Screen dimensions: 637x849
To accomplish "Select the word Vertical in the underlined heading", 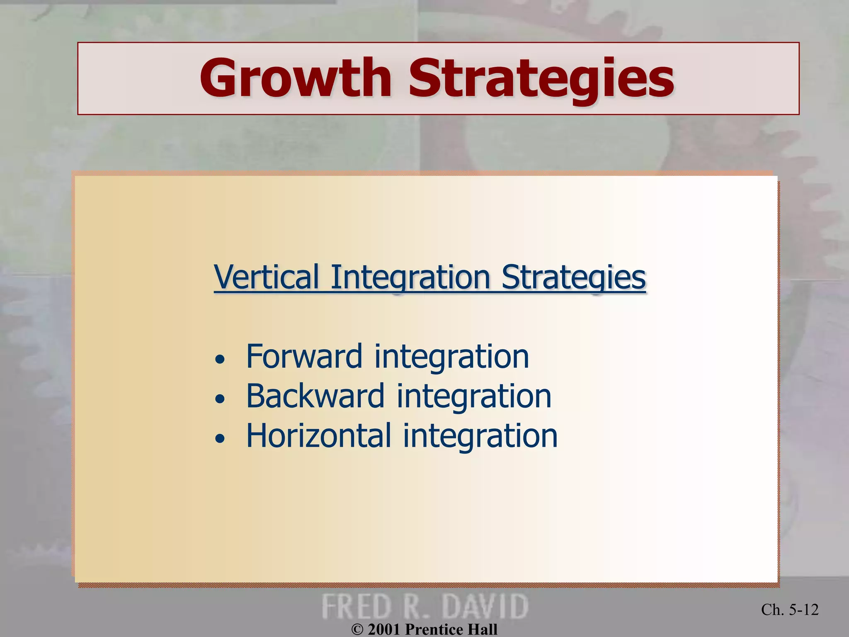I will pyautogui.click(x=267, y=277).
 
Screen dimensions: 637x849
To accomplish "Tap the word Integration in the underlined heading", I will pyautogui.click(x=410, y=277).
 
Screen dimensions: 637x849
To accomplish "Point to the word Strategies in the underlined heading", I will pyautogui.click(x=574, y=277).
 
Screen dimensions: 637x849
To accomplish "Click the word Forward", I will pyautogui.click(x=304, y=357).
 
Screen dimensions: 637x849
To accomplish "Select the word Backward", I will pyautogui.click(x=315, y=396).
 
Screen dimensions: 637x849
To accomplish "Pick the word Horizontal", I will pyautogui.click(x=319, y=435).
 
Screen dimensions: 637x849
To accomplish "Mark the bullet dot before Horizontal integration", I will pyautogui.click(x=220, y=438).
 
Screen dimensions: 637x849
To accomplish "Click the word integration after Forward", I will pyautogui.click(x=452, y=357).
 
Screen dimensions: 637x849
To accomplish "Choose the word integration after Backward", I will pyautogui.click(x=474, y=396).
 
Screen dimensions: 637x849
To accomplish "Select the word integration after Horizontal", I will pyautogui.click(x=480, y=435).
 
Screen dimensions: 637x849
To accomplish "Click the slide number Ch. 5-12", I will pyautogui.click(x=790, y=610).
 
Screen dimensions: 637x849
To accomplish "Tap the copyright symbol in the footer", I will pyautogui.click(x=357, y=630).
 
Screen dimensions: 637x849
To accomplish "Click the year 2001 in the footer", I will pyautogui.click(x=384, y=630).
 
